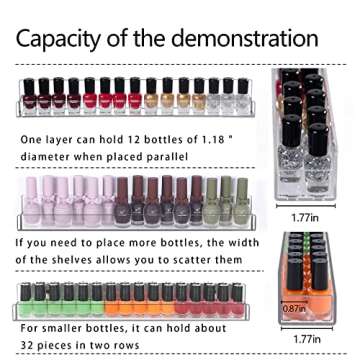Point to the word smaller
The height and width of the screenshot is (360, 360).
[63, 327]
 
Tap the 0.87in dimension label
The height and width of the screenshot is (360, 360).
[292, 308]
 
